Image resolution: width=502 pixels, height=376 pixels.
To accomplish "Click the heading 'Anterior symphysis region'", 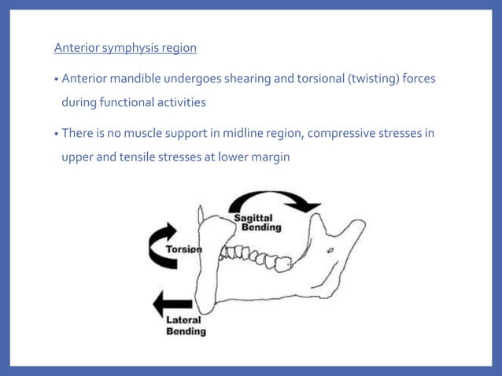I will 125,48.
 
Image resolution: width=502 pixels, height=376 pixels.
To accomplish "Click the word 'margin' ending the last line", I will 270,157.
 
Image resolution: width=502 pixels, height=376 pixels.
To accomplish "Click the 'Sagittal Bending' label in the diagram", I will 254,223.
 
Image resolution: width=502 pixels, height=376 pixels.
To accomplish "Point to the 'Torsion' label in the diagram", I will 183,249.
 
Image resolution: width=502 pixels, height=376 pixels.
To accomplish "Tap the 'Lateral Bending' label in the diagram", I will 186,326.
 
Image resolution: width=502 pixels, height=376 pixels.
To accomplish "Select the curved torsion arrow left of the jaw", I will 162,245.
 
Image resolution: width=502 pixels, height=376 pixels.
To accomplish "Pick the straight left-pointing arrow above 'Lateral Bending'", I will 172,304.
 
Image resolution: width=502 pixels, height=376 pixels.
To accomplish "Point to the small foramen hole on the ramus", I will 332,250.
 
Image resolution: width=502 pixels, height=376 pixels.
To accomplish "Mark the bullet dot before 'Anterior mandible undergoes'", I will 57,80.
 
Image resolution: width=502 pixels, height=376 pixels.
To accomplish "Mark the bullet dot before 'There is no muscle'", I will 57,134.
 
